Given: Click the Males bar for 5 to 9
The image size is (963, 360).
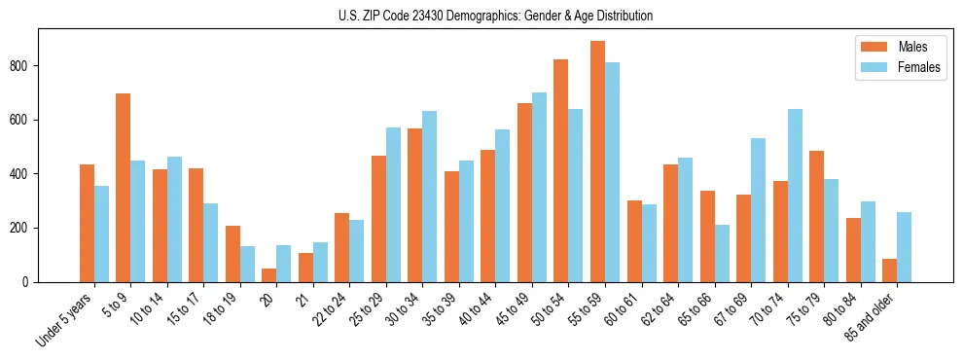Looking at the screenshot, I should tap(124, 188).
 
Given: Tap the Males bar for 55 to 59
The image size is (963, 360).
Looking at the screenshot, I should tap(597, 162).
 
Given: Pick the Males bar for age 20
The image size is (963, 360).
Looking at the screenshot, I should tap(269, 275).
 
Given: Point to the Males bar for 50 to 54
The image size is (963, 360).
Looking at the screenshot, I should tap(561, 171).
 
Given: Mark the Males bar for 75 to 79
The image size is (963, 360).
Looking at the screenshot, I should tap(817, 217).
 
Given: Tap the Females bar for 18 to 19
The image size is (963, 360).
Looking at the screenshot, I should tap(248, 264).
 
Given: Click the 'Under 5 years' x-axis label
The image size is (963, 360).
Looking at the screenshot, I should tap(66, 319).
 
